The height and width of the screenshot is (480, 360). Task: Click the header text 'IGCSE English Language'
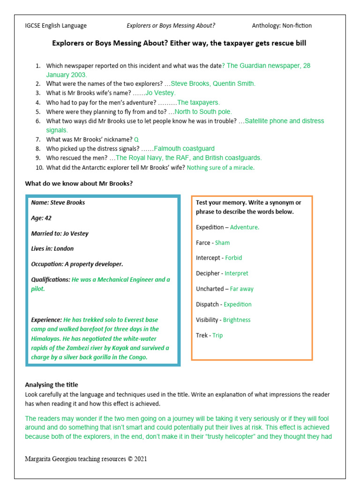tap(55, 26)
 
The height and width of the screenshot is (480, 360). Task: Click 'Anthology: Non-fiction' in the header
tap(282, 26)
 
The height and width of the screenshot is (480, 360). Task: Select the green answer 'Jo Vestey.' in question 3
tap(160, 93)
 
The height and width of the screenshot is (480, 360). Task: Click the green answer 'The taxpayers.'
tap(198, 102)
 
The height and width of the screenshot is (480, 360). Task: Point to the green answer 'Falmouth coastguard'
tap(184, 149)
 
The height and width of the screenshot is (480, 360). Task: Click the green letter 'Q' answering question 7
tap(136, 140)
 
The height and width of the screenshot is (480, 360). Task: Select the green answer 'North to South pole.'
tap(203, 112)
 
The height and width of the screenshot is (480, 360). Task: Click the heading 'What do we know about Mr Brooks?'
tap(79, 183)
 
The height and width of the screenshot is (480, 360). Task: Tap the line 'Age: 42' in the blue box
tap(41, 218)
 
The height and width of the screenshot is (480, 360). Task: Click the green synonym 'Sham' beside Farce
tap(222, 243)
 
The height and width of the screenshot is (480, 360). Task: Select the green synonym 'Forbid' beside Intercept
tap(233, 258)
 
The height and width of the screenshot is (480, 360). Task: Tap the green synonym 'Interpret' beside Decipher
tap(236, 273)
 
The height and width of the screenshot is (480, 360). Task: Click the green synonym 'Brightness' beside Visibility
tap(237, 320)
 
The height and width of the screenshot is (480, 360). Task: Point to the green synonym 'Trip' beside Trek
tap(217, 335)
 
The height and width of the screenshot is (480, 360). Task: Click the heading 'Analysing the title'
tap(52, 385)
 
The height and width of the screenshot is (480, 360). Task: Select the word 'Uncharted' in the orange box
tap(210, 289)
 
